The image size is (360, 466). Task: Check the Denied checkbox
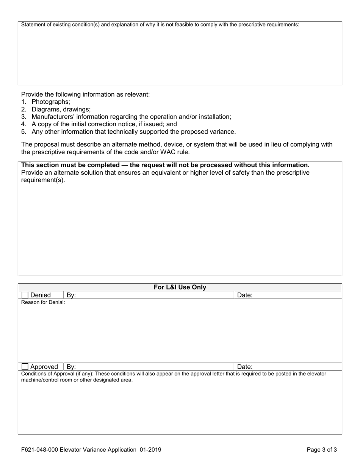(x=25, y=295)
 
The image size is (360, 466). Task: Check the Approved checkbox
(x=25, y=367)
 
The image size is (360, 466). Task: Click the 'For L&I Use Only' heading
(x=180, y=287)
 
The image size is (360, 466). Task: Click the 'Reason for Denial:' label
(x=43, y=302)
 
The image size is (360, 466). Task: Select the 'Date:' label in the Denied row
(x=244, y=295)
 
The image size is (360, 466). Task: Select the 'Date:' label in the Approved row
(x=244, y=367)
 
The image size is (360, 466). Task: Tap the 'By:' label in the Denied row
(x=71, y=295)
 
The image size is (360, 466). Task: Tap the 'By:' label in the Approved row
(x=71, y=367)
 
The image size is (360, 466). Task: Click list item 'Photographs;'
(x=51, y=102)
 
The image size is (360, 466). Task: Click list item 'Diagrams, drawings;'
(x=61, y=109)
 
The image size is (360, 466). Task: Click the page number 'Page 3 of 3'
(x=321, y=450)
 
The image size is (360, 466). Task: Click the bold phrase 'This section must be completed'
(x=70, y=165)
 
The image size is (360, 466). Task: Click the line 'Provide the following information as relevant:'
(x=85, y=94)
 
